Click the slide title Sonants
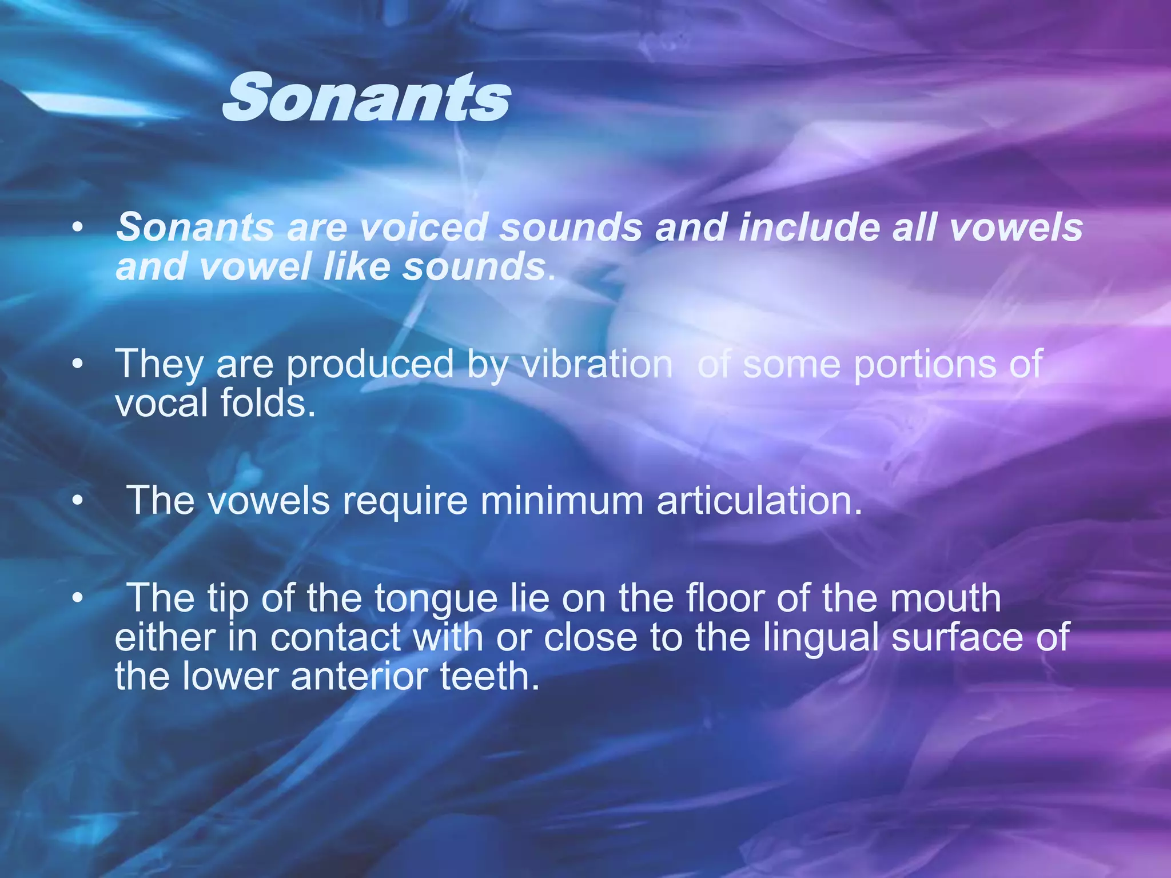tap(366, 98)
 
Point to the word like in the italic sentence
tap(356, 267)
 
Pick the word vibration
tap(596, 364)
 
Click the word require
tap(405, 501)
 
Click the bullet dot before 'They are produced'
tap(78, 364)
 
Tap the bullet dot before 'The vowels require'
tap(78, 501)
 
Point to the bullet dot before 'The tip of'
tap(78, 598)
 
